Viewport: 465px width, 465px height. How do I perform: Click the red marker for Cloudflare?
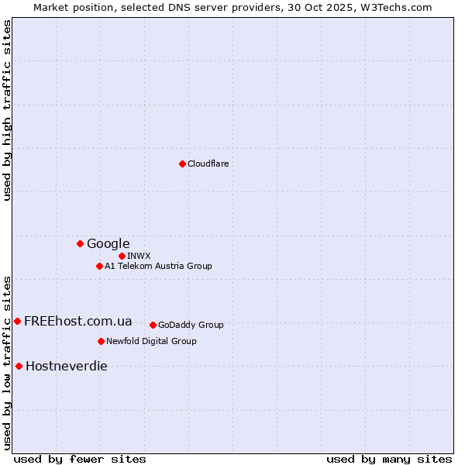[x=182, y=164]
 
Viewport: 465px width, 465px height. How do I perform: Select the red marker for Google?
[x=80, y=243]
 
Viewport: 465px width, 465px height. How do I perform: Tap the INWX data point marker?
[x=122, y=256]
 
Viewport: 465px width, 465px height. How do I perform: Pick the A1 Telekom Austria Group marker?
[x=99, y=266]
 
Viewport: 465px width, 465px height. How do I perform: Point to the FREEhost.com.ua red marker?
[x=17, y=321]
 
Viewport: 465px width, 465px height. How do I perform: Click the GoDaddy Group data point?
[x=153, y=325]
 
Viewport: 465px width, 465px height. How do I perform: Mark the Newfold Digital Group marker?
[x=101, y=341]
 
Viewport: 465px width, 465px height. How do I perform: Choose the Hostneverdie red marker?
[x=19, y=366]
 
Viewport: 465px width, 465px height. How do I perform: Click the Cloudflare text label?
[x=208, y=164]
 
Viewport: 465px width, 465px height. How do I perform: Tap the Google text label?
[x=108, y=243]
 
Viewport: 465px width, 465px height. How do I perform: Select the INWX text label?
[x=139, y=256]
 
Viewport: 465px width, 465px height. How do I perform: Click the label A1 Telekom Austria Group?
[x=158, y=266]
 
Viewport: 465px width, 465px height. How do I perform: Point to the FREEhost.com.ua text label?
[x=77, y=321]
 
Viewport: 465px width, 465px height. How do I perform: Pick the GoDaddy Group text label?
[x=191, y=325]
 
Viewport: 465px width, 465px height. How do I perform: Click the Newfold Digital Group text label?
[x=151, y=341]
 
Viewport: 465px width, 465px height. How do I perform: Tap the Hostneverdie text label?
[x=67, y=366]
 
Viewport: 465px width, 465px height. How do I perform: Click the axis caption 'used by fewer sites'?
[x=80, y=459]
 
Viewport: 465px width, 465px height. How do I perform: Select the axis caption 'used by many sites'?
[x=389, y=459]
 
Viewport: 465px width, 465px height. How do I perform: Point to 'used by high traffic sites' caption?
[x=7, y=110]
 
